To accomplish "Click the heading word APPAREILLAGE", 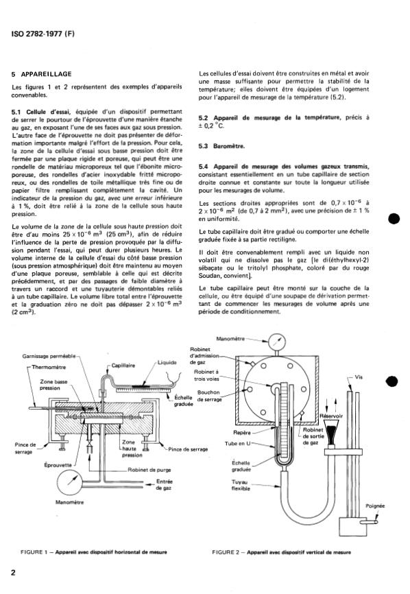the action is tap(46, 74).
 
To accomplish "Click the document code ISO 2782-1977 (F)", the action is tap(43, 34).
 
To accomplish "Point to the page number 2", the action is tap(14, 572).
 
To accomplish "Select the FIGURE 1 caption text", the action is tap(93, 552).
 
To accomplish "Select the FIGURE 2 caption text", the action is tap(281, 552).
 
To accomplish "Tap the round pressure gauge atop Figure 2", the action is tap(276, 343).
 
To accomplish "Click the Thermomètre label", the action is tap(49, 367).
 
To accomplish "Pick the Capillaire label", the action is tap(123, 366).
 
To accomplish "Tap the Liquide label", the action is tap(167, 363).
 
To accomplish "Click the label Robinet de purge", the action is tap(149, 470).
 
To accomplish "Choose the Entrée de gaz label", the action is tap(165, 484).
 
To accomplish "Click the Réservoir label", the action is tap(331, 416).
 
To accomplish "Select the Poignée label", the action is tap(375, 506).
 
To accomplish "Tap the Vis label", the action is tap(359, 377).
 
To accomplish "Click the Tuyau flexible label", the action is tap(241, 485).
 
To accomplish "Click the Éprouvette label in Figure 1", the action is tap(58, 465).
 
